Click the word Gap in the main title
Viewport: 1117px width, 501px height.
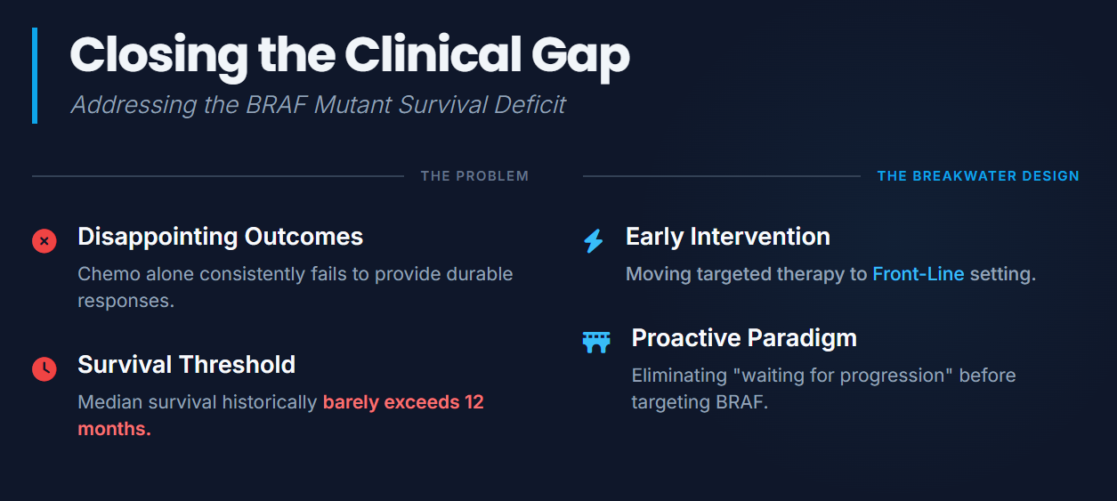580,57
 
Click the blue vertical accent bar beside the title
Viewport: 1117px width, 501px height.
35,76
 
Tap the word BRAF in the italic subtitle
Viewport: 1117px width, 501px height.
276,105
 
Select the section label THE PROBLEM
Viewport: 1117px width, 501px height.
474,176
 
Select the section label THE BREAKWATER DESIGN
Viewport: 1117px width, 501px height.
978,176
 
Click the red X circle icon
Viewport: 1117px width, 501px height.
45,241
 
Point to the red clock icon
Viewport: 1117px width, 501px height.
45,369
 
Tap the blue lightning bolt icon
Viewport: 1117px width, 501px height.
594,241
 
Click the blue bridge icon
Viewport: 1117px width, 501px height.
596,343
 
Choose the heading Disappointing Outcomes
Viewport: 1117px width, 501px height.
221,238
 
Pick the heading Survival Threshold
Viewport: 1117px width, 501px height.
187,365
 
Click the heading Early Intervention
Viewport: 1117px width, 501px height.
728,238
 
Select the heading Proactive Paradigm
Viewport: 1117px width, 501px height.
744,338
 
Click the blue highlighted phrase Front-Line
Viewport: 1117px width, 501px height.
919,274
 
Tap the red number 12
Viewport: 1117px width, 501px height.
474,402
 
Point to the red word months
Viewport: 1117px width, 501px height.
114,429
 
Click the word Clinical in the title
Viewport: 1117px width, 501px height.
433,55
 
